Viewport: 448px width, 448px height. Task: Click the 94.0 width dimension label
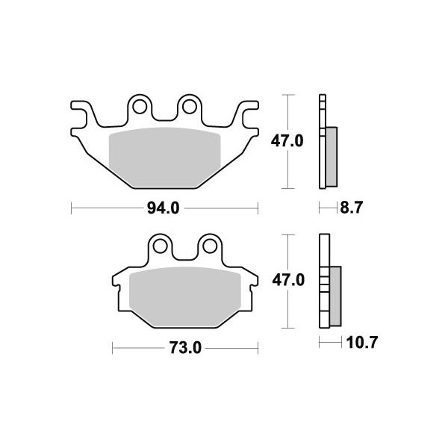[163, 208]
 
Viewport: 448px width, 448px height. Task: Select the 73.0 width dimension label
[185, 348]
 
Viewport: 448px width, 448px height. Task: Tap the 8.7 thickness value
[351, 208]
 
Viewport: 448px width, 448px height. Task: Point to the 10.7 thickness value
[362, 342]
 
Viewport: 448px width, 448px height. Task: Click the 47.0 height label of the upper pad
[287, 141]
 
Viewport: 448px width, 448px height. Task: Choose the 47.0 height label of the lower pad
[288, 280]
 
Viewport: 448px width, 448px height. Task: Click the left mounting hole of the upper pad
[140, 107]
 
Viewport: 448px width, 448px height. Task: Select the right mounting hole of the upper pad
[189, 107]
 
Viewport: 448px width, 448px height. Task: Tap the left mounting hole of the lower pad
[160, 246]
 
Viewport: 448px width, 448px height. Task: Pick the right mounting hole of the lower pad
[210, 246]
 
